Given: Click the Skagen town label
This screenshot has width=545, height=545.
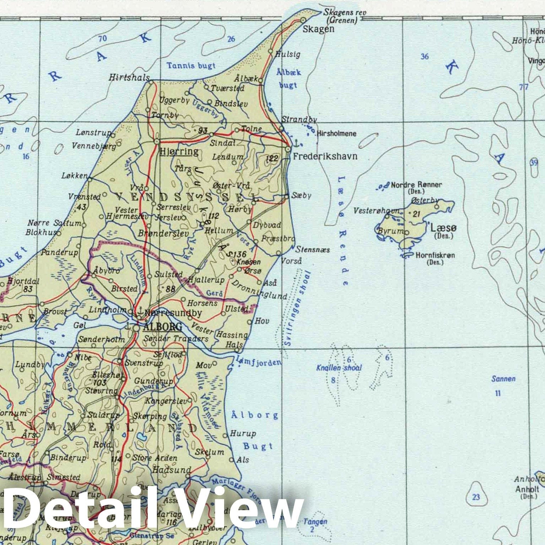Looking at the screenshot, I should click(318, 29).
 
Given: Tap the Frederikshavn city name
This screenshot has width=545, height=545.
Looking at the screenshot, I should click(325, 156).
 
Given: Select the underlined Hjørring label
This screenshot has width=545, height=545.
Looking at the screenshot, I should click(179, 152).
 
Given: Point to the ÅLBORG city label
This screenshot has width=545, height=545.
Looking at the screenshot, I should click(162, 327).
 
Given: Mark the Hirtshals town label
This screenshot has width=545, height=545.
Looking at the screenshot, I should click(129, 77).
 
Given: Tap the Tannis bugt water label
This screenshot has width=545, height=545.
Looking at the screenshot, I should click(191, 65).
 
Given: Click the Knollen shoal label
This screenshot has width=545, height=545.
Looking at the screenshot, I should click(339, 368).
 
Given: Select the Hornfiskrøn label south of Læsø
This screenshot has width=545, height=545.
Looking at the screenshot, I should click(435, 255).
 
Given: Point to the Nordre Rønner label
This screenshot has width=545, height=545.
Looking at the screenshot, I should click(416, 185).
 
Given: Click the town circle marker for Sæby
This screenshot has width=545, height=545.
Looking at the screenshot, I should click(287, 196).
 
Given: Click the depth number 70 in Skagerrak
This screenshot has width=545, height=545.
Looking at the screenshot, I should click(102, 38).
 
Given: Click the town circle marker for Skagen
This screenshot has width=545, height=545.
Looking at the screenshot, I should click(303, 20).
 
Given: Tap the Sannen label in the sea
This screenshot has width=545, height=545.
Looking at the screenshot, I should click(503, 379).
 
